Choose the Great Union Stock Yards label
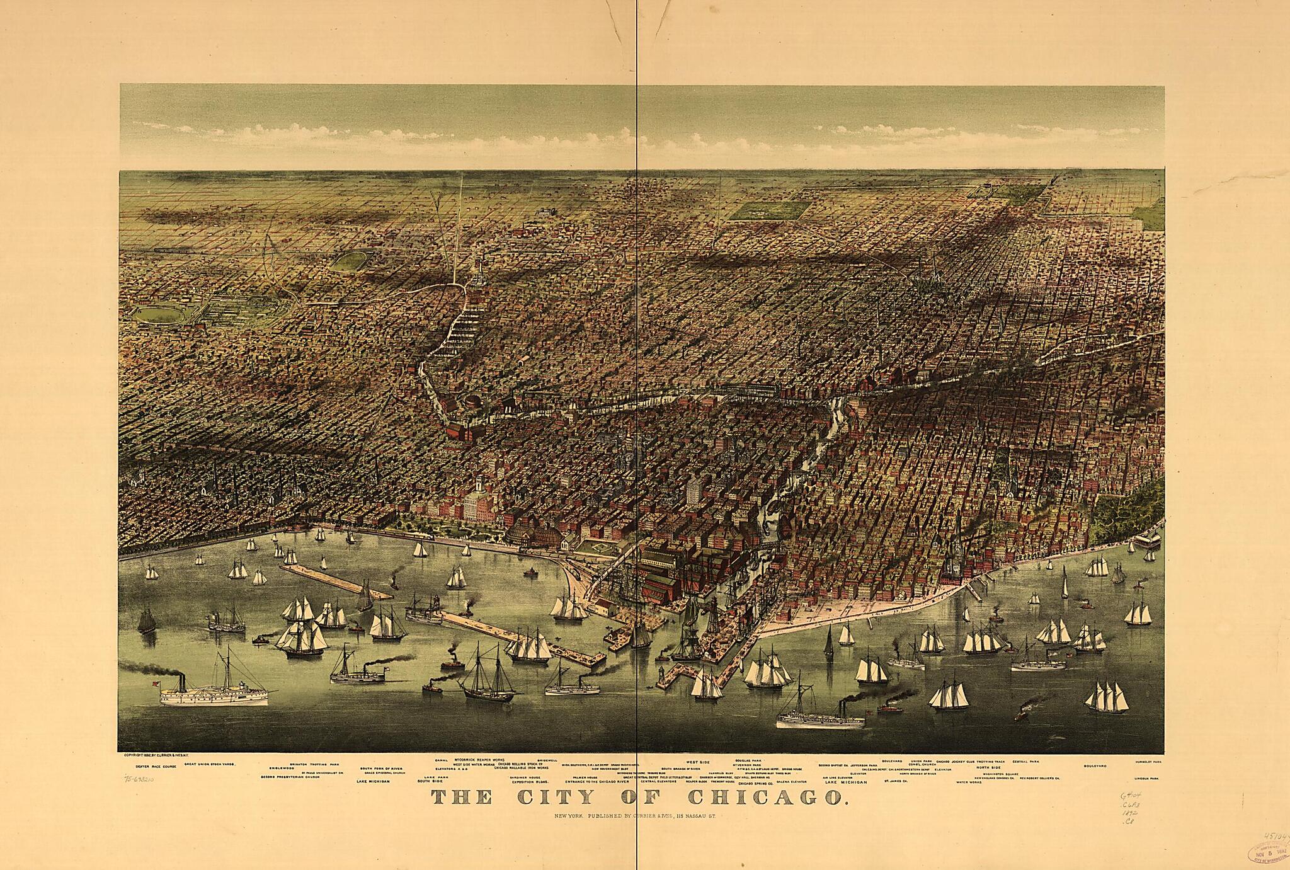[210, 763]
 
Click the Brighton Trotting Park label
[314, 764]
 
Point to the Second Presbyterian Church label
[290, 777]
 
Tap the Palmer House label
[585, 777]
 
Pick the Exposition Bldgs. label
[531, 782]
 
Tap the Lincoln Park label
[1146, 778]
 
